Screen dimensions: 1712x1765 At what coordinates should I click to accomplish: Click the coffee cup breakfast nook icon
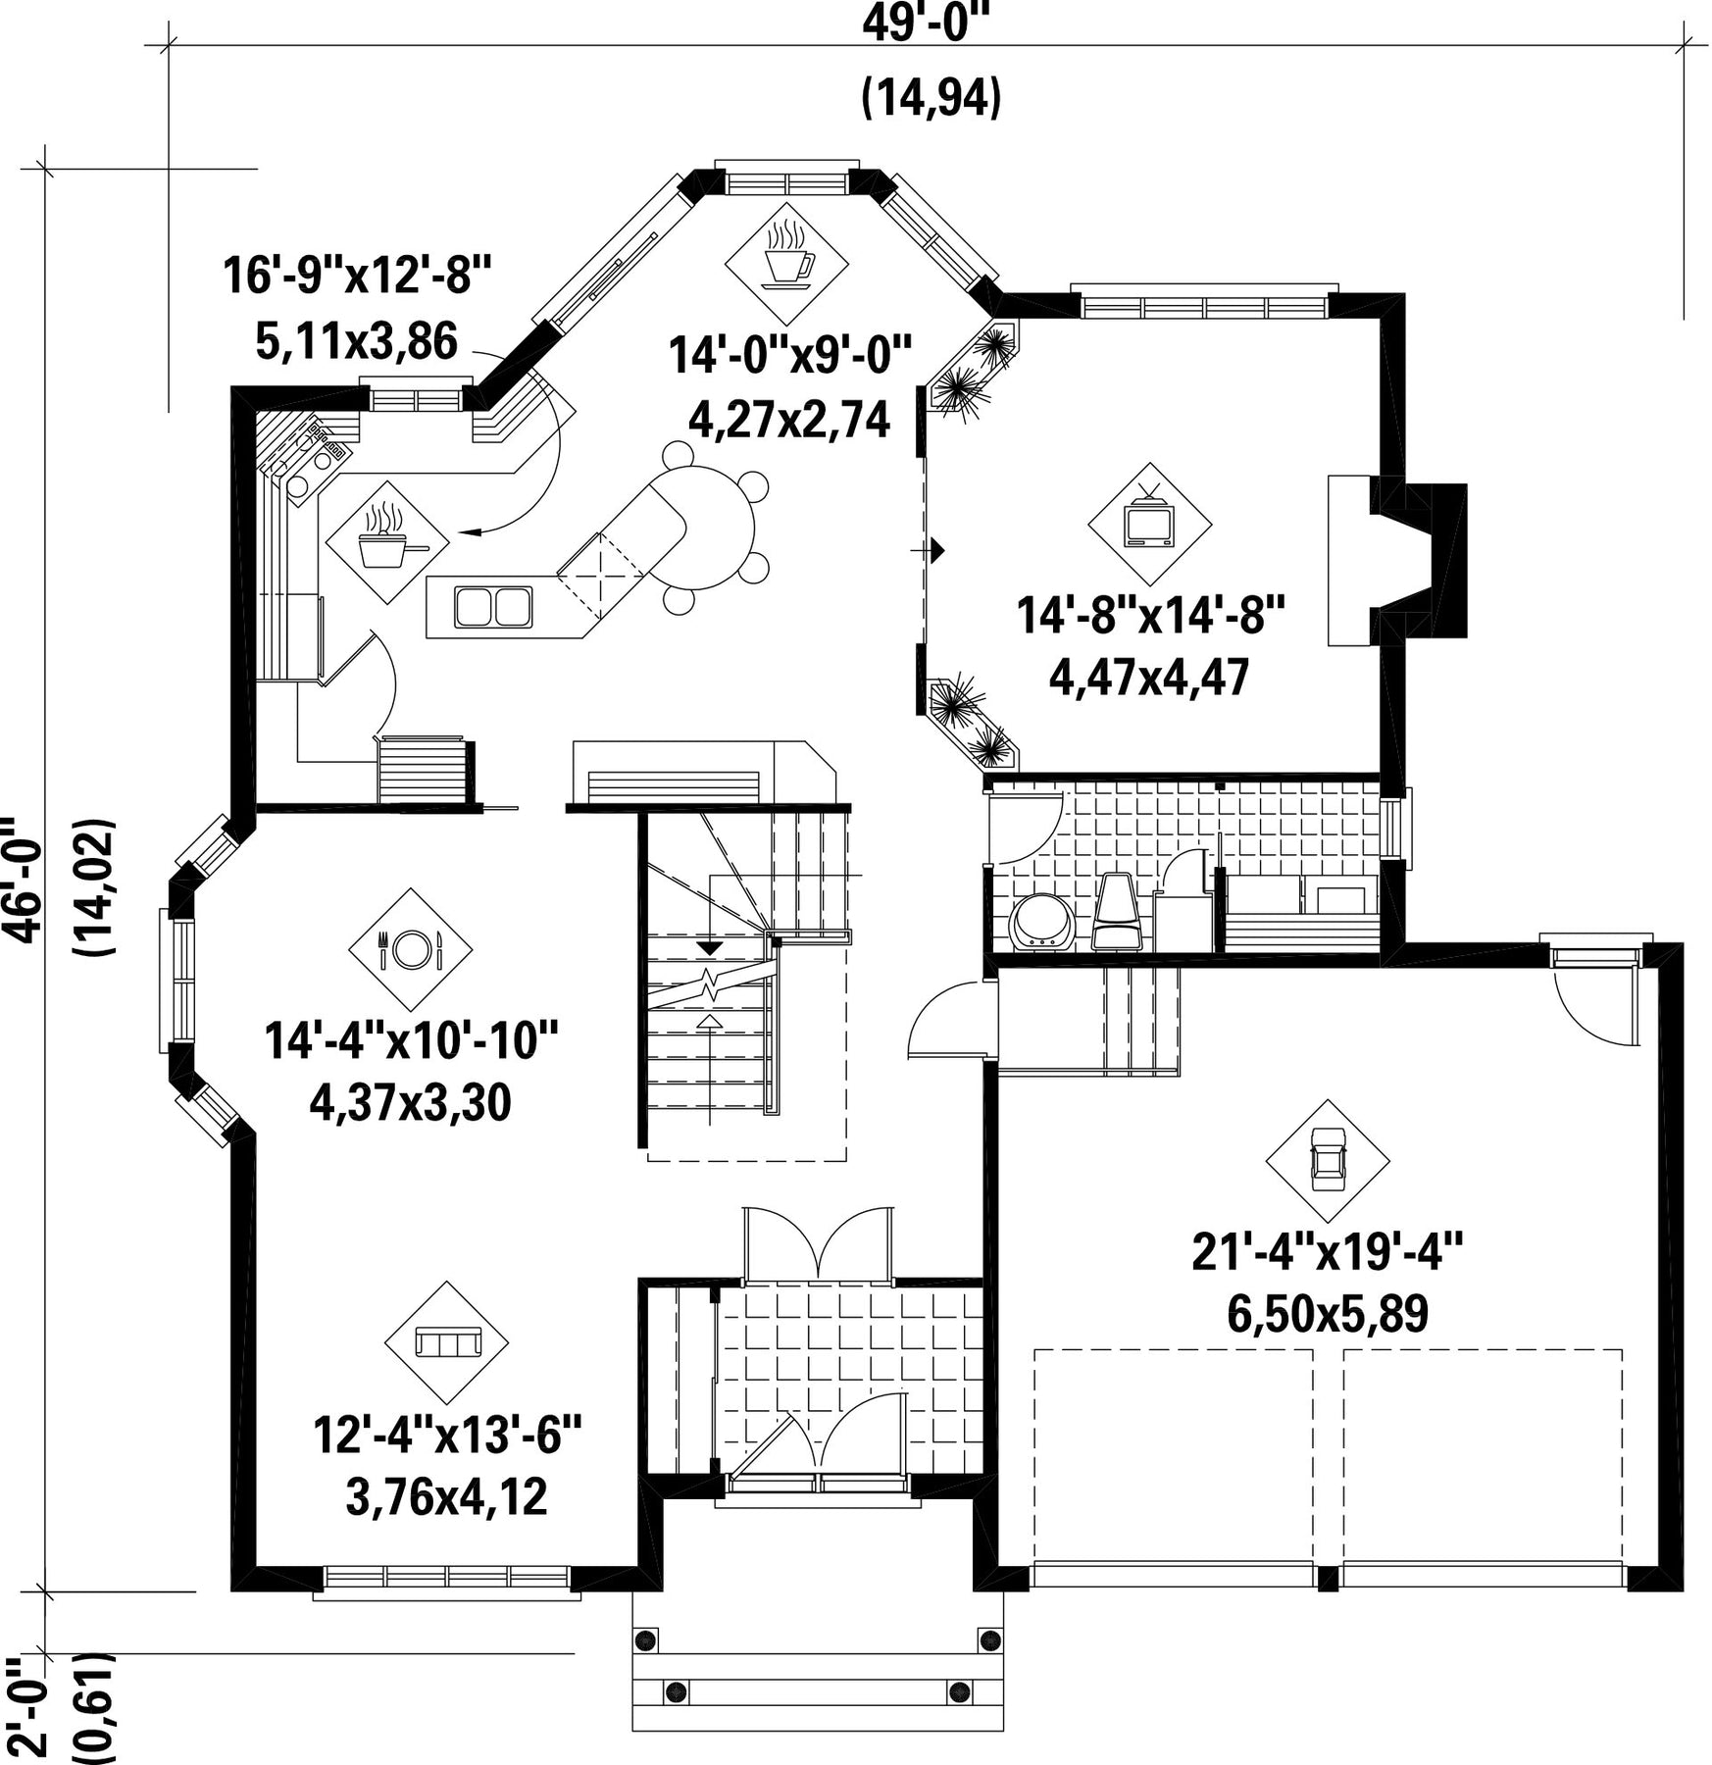[x=787, y=256]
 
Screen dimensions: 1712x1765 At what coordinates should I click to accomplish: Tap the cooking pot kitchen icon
[x=389, y=540]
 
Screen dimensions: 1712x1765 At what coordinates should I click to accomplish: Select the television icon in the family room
[x=1149, y=519]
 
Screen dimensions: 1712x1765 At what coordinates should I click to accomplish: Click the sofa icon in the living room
[x=447, y=1341]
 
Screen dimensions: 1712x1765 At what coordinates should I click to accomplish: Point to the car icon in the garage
[x=1327, y=1158]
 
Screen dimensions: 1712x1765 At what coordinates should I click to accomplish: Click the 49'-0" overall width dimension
[x=927, y=22]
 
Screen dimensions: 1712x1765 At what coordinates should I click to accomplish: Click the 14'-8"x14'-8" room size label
[x=1149, y=617]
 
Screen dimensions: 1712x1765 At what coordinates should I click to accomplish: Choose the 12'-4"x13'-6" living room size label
[x=447, y=1436]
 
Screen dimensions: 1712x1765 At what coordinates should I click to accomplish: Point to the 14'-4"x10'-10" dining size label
[x=411, y=1039]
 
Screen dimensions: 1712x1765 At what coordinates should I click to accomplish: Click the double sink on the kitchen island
[x=493, y=606]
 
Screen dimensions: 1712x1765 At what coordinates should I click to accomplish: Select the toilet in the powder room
[x=1116, y=910]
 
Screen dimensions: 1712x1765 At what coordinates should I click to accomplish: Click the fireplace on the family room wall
[x=1397, y=559]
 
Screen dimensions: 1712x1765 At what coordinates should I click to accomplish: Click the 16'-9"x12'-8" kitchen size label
[x=356, y=276]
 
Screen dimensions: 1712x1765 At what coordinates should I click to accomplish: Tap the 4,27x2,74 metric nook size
[x=789, y=419]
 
